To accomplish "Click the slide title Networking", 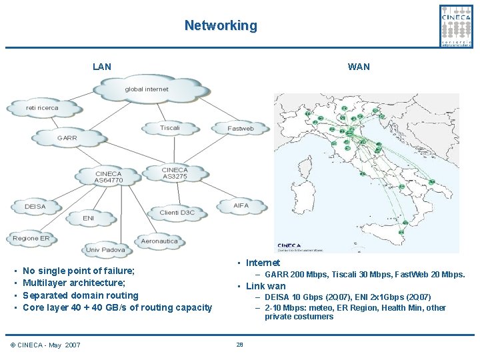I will tap(220, 26).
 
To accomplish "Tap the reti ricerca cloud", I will tap(42, 107).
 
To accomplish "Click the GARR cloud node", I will tap(67, 138).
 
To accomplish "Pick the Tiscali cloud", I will tap(170, 128).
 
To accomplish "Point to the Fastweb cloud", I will tap(240, 128).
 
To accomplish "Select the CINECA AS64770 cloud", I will tap(109, 177).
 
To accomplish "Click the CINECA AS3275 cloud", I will tap(175, 173).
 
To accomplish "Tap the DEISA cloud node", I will tap(35, 207).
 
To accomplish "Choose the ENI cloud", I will tap(89, 218).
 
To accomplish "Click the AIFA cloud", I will tap(241, 205).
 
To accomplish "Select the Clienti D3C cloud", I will tap(177, 213).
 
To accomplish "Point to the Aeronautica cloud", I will tap(159, 241).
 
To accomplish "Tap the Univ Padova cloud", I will tap(105, 250).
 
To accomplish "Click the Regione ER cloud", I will tap(31, 238).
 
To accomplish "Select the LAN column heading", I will tap(102, 67).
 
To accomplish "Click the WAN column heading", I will tap(359, 67).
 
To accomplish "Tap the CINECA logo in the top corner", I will tap(457, 25).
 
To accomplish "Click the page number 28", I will tap(239, 345).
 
